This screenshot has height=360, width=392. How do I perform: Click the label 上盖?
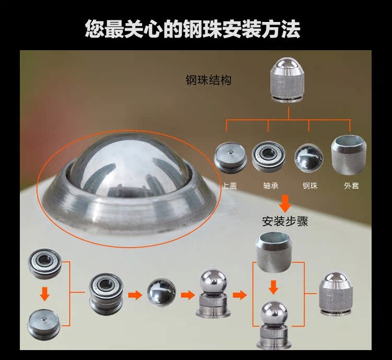230,186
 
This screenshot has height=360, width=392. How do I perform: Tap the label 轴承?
271,186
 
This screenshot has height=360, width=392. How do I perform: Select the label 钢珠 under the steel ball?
310,186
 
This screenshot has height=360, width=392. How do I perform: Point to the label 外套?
352,186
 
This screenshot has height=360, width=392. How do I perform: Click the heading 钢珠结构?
209,80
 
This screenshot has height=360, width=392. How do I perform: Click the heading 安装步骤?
285,221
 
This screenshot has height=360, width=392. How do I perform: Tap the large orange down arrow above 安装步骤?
285,204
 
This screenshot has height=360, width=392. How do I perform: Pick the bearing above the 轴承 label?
268,157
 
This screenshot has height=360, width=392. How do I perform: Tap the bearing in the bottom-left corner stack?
45,264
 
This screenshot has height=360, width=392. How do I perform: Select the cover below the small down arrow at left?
44,325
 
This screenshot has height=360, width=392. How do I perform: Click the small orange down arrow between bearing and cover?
45,294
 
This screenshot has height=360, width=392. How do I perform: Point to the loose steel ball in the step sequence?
162,293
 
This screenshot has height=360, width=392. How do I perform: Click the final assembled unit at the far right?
337,294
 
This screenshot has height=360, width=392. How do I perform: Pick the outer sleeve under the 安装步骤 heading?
274,252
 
